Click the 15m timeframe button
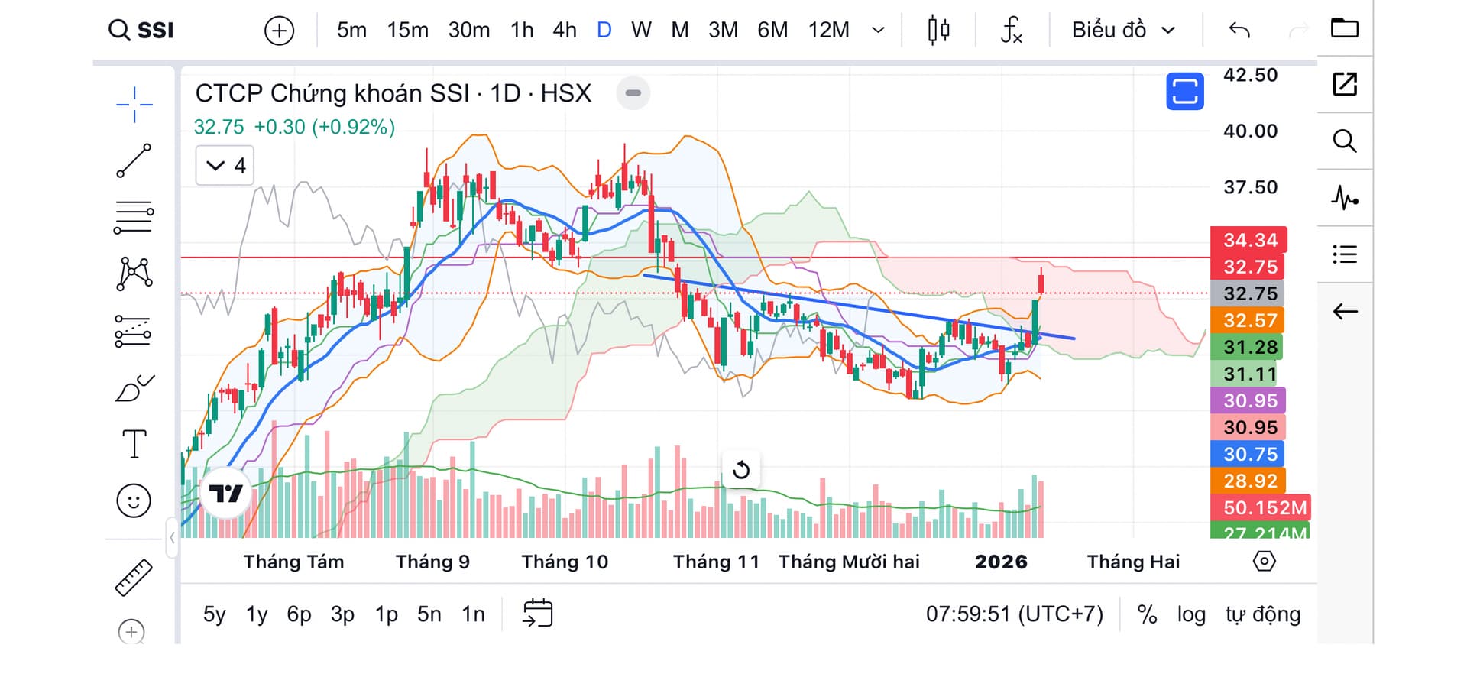[407, 30]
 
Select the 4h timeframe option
[565, 30]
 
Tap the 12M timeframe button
[828, 30]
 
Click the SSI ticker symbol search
[142, 30]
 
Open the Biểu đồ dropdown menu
[1122, 30]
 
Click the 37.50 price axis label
[1250, 187]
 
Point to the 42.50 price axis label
[1250, 75]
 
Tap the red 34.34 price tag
[1249, 240]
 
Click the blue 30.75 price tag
[1249, 454]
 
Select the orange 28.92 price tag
[1249, 481]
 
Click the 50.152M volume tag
[1263, 507]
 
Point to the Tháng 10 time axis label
[565, 562]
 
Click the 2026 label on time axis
[1001, 562]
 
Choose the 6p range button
[299, 614]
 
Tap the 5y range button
[214, 614]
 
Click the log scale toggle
[1190, 614]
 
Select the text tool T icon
[134, 444]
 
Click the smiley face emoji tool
[134, 501]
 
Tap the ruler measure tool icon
[134, 578]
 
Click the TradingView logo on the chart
[225, 494]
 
